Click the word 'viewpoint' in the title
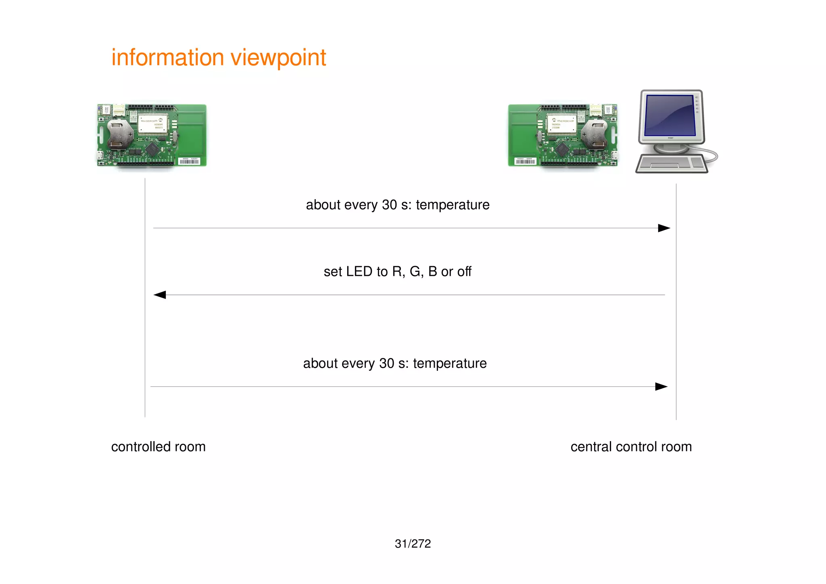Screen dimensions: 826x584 [x=278, y=58]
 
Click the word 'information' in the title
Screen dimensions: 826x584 [x=167, y=58]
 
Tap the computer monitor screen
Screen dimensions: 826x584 [x=670, y=115]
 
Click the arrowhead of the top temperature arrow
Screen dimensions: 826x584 [x=663, y=228]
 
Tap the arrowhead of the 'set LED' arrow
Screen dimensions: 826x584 [x=160, y=295]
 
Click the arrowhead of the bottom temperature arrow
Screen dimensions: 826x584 [x=661, y=387]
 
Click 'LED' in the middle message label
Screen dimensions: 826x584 [x=359, y=271]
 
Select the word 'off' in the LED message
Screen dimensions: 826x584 [x=464, y=271]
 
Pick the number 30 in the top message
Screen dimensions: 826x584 [x=389, y=205]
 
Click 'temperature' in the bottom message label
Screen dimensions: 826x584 [x=449, y=363]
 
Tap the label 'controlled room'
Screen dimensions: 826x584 [x=158, y=447]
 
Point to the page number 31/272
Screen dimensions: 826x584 [x=413, y=544]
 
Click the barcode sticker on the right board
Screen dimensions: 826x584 [x=525, y=161]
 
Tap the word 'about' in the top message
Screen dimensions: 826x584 [x=323, y=205]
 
